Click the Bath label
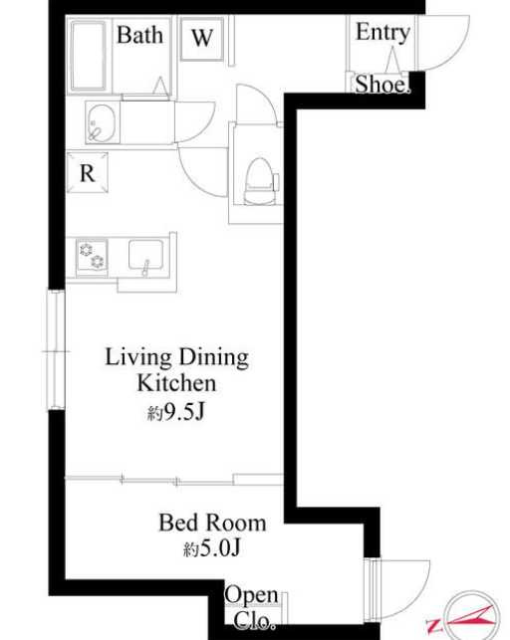(x=139, y=35)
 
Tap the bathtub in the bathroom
(x=89, y=56)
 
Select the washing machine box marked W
(x=202, y=39)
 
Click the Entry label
(x=382, y=32)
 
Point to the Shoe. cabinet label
(x=382, y=85)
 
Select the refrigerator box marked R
(x=88, y=172)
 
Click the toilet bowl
(x=258, y=181)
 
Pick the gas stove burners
(x=92, y=256)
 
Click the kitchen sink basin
(x=145, y=255)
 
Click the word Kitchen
(x=176, y=383)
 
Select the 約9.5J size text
(x=175, y=413)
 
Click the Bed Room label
(x=212, y=523)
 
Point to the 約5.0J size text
(x=211, y=548)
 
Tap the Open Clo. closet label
(x=252, y=607)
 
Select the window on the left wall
(x=56, y=349)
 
